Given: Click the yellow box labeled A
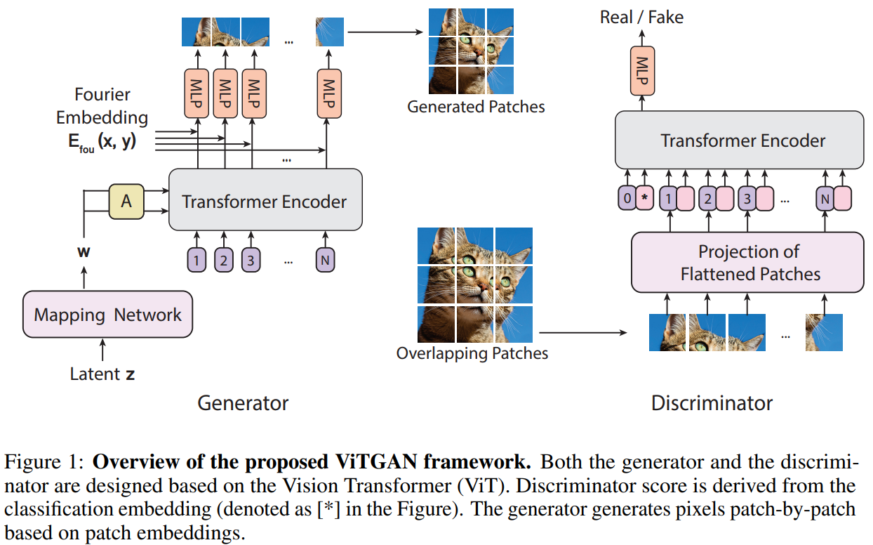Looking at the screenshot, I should coord(126,202).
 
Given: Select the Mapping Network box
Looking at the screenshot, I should coord(107,315).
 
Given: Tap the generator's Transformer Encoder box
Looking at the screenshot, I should coord(265,202).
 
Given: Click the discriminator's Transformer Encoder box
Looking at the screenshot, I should coord(742,140).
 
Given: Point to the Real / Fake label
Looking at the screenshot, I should coord(641,17).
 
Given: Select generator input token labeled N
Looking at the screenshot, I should coord(325,261).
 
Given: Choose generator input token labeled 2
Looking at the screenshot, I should coord(224,261).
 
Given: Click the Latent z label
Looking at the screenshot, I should coord(102,374).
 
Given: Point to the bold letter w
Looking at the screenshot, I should coord(84,251).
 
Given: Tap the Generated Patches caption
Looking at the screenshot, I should coord(476,107).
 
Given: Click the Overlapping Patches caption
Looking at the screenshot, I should coord(472,353).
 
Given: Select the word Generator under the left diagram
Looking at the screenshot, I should coord(243,403).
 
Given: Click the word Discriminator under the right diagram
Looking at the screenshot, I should coord(712,403).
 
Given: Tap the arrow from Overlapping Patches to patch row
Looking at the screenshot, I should coord(582,333).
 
